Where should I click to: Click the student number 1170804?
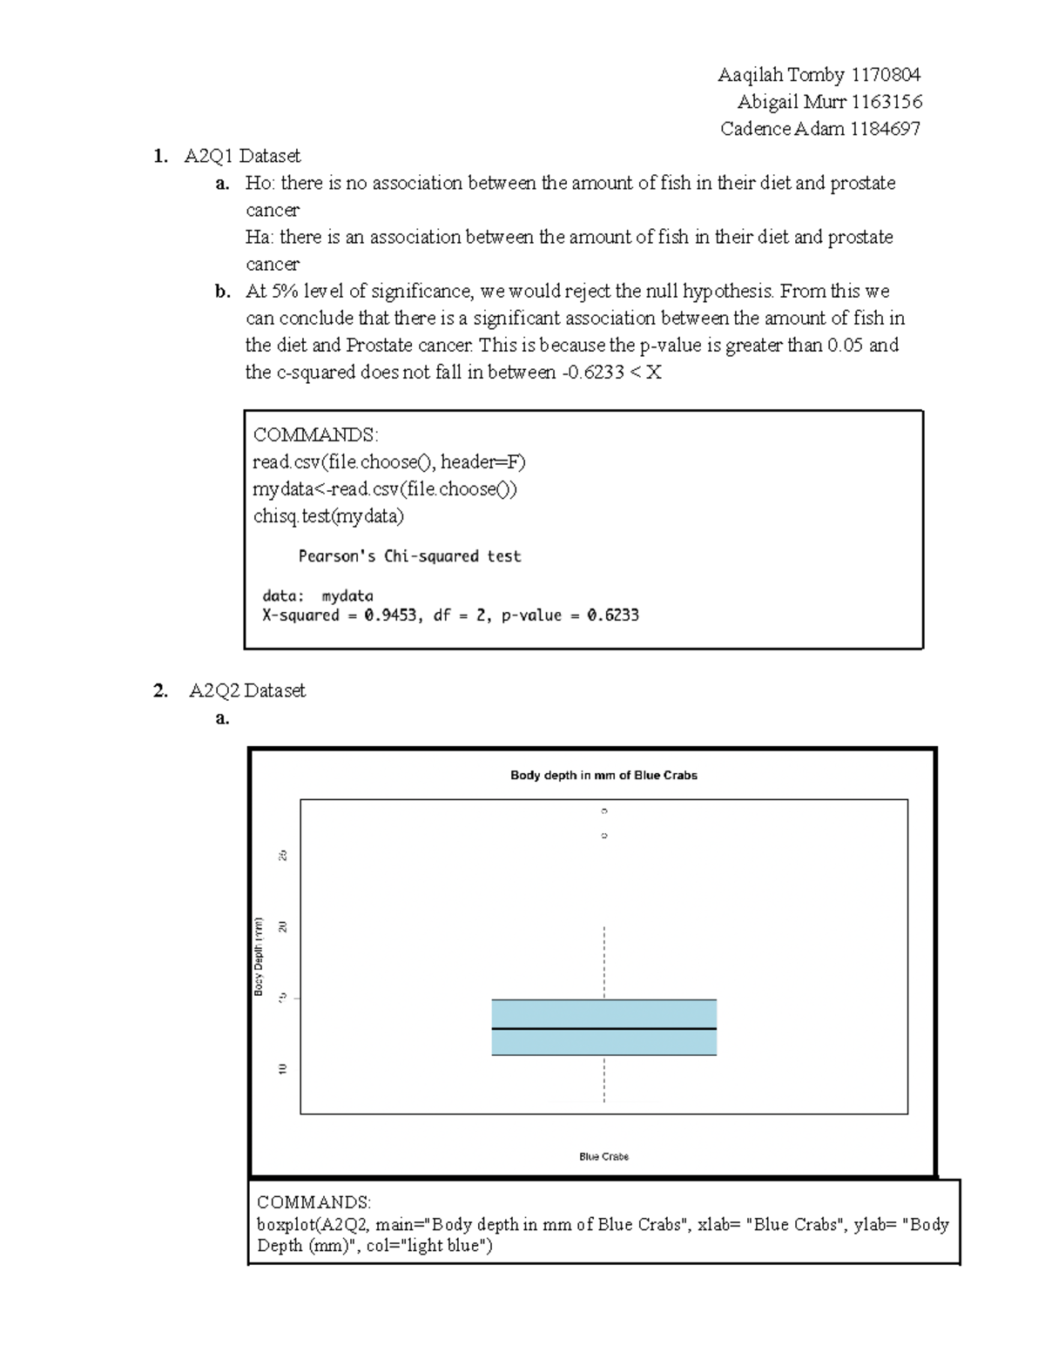coord(886,75)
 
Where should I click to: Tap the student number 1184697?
coord(885,129)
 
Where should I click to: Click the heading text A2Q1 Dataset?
coord(242,156)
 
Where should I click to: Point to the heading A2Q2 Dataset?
coord(247,690)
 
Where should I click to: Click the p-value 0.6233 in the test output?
coord(613,615)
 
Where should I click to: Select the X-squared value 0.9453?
coord(393,615)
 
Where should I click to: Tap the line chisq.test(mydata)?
coord(328,516)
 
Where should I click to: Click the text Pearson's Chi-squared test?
coord(409,556)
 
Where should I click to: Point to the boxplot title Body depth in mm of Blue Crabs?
coord(603,775)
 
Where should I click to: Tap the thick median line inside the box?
coord(603,1029)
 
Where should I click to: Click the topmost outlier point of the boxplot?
coord(604,811)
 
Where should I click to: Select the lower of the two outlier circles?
coord(604,836)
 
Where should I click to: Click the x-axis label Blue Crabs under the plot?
coord(603,1156)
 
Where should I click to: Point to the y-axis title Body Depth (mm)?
coord(259,956)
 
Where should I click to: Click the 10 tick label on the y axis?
coord(282,1069)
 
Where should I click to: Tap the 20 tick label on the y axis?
coord(282,926)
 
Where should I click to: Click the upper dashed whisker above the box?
coord(604,962)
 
